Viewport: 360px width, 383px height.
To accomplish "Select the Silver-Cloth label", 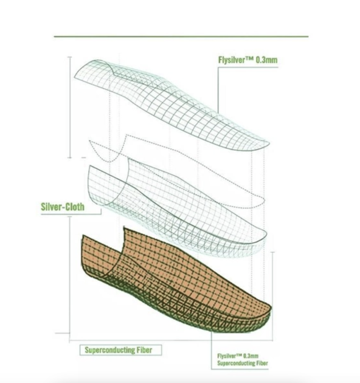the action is (63, 207).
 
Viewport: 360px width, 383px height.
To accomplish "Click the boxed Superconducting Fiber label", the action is (120, 350).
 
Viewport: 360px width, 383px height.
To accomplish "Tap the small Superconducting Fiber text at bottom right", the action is (243, 363).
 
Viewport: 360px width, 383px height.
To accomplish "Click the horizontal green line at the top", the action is (181, 36).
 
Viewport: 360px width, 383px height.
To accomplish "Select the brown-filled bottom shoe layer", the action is (176, 281).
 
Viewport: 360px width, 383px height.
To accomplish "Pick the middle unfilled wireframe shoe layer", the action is (176, 208).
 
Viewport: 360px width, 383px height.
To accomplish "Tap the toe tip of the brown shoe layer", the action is (270, 308).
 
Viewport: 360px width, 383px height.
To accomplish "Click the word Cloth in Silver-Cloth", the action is (75, 207).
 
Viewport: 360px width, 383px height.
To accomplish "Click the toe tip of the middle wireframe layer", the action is (265, 235).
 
